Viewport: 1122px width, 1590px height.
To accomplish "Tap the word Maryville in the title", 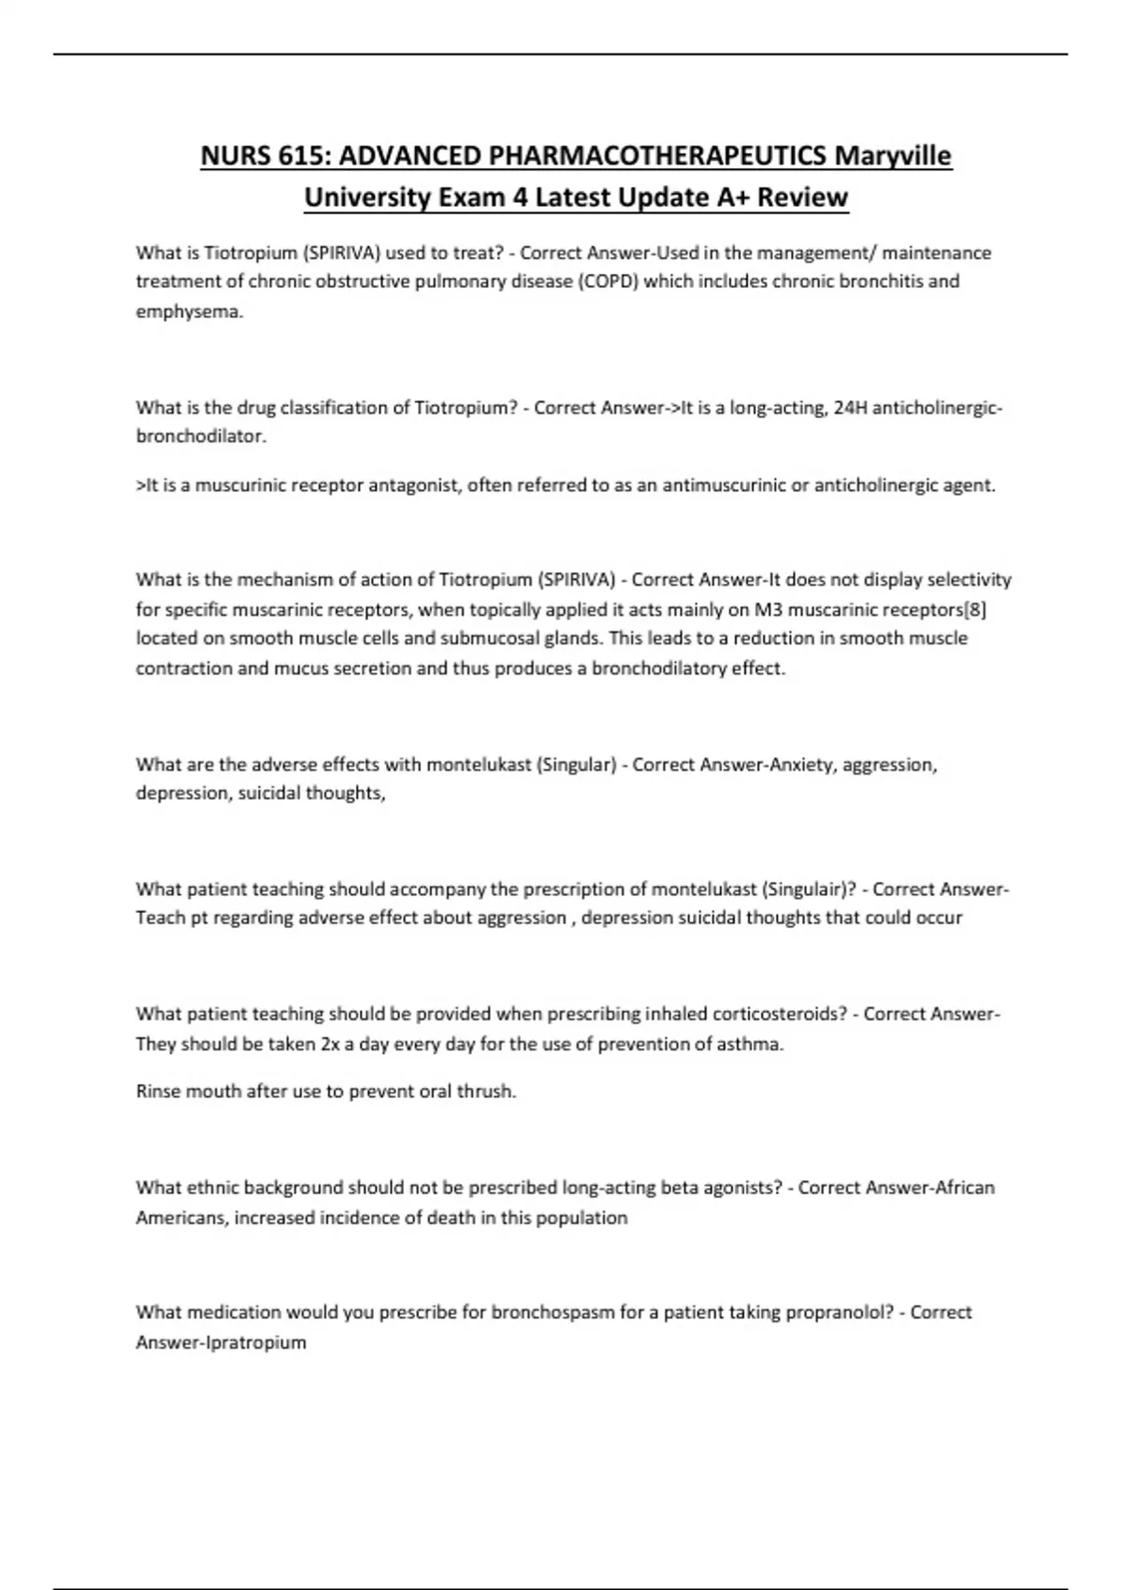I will pos(893,155).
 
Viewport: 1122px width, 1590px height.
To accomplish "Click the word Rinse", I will pos(158,1091).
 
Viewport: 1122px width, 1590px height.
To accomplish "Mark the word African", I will pos(965,1188).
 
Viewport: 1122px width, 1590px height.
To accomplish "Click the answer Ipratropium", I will pos(254,1343).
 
